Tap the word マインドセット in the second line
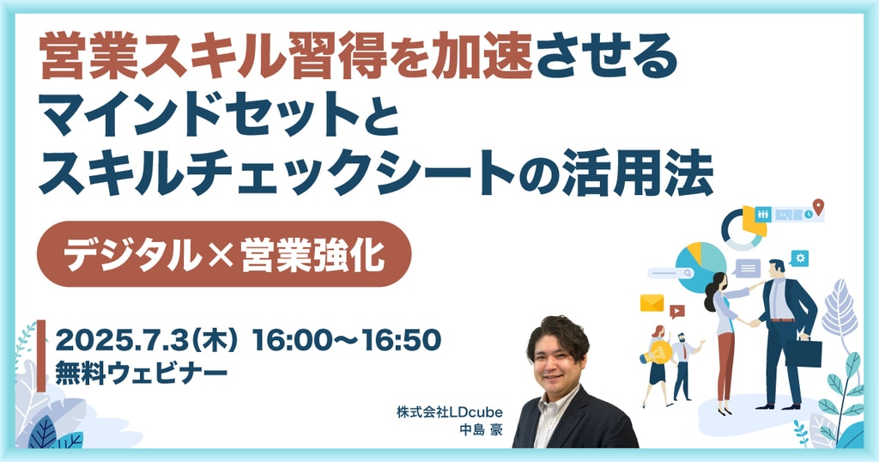click(x=198, y=115)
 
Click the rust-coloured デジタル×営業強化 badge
click(x=224, y=254)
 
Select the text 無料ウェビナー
click(x=142, y=374)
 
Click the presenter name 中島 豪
click(x=481, y=430)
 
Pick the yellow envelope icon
click(x=652, y=303)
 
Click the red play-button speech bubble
click(x=676, y=311)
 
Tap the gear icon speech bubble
click(x=800, y=258)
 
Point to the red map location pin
click(x=818, y=206)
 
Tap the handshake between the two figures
click(x=751, y=323)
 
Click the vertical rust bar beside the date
click(x=41, y=356)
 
